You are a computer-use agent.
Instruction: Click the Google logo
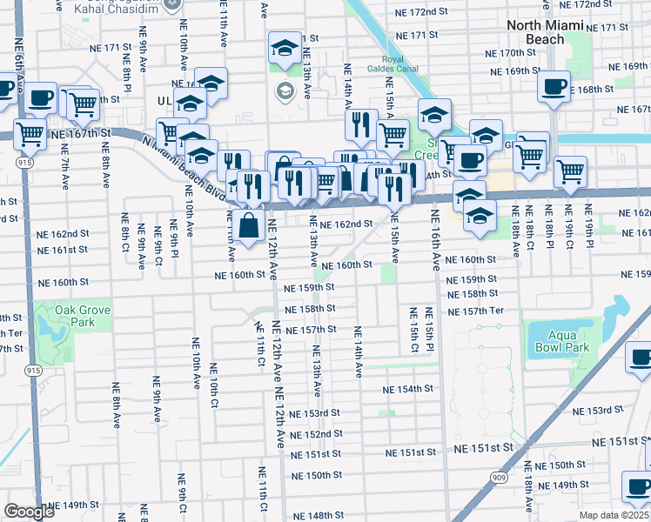pyautogui.click(x=29, y=512)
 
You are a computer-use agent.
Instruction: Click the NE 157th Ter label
pyautogui.click(x=475, y=311)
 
